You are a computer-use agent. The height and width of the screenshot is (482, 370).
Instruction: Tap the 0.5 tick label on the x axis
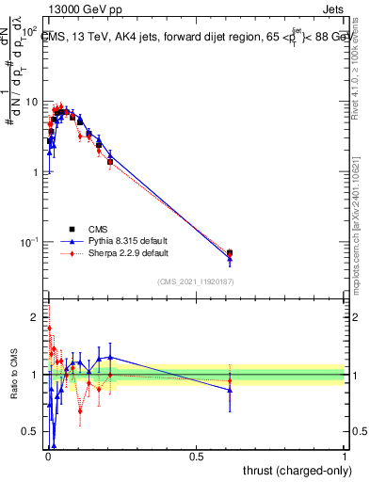pyautogui.click(x=196, y=457)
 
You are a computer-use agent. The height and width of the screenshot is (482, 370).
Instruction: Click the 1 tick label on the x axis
pyautogui.click(x=345, y=457)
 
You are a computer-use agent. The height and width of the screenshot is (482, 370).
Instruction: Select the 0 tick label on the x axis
pyautogui.click(x=47, y=457)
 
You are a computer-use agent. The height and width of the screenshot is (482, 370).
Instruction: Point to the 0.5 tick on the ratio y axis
pyautogui.click(x=30, y=432)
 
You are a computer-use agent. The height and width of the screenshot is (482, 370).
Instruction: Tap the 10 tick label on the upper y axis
pyautogui.click(x=30, y=102)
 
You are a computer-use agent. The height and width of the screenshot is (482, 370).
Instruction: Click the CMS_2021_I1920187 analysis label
pyautogui.click(x=195, y=281)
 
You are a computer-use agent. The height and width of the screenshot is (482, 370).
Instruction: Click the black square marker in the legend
pyautogui.click(x=72, y=229)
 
